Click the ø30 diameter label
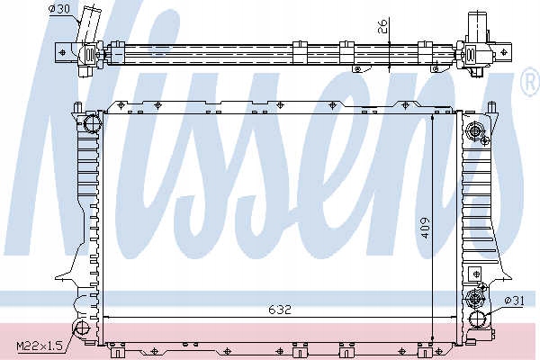pyautogui.click(x=59, y=9)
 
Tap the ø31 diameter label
pyautogui.click(x=514, y=301)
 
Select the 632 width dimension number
pyautogui.click(x=280, y=310)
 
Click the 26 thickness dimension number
pyautogui.click(x=382, y=26)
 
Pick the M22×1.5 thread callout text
pyautogui.click(x=40, y=346)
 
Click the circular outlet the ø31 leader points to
pyautogui.click(x=478, y=318)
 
